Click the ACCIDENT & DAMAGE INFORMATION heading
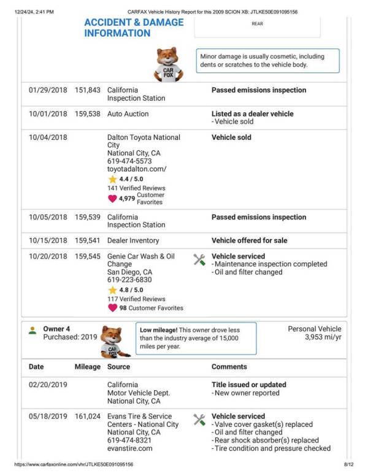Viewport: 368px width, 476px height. point(134,28)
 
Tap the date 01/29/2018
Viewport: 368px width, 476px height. point(48,90)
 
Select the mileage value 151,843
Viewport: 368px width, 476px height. point(87,90)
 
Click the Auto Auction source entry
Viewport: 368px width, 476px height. point(128,114)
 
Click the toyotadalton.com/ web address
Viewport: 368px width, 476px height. point(137,169)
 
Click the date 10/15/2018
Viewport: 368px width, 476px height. point(48,240)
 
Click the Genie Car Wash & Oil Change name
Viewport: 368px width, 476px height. point(141,260)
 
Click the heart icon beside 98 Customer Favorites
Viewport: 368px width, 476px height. point(112,308)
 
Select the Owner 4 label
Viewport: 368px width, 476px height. point(56,329)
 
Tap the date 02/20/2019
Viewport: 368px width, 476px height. point(48,385)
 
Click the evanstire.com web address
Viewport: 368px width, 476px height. point(129,448)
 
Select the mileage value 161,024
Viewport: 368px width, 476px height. point(87,416)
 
